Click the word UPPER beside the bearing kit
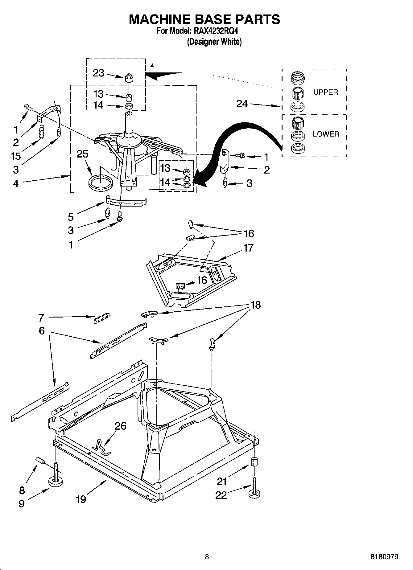tap(325, 92)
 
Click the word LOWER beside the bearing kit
tap(326, 134)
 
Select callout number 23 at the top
tap(98, 73)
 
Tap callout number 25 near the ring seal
tap(82, 154)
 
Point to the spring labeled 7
tap(101, 318)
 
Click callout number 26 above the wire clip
tap(121, 426)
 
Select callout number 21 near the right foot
tap(222, 481)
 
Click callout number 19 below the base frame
tap(81, 499)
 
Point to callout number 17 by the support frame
tap(249, 248)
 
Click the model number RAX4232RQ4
tap(216, 31)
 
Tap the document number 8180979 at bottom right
tap(384, 557)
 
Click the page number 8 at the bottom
tap(207, 557)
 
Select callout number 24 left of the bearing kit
tap(242, 104)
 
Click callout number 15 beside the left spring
tap(16, 156)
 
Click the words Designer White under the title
tap(214, 42)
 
